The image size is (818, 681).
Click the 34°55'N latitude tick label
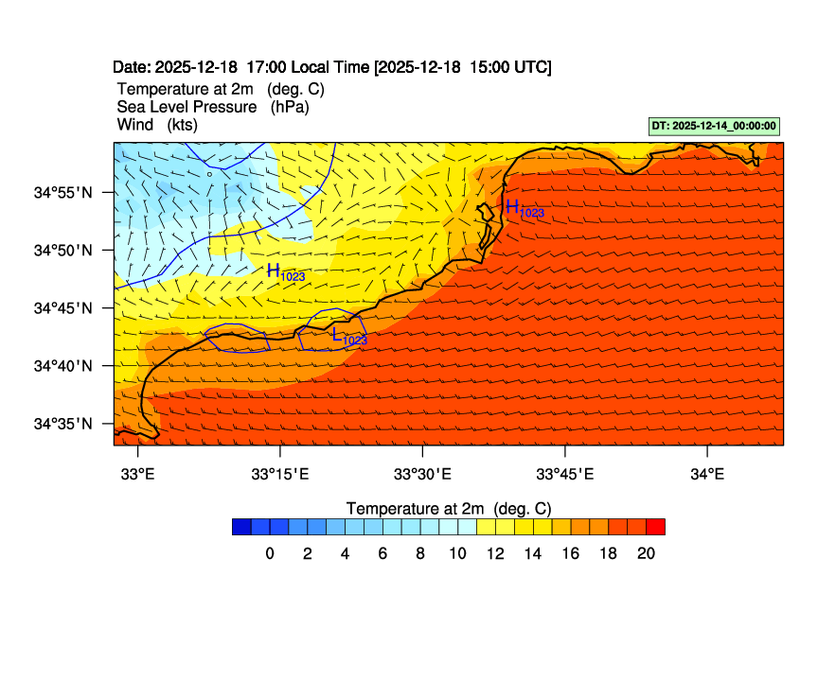[x=62, y=193]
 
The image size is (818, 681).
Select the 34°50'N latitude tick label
[x=62, y=251]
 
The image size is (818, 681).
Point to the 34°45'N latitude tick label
[x=62, y=308]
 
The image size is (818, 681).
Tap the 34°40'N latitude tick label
[x=62, y=366]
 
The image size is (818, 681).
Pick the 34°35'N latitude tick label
[x=62, y=424]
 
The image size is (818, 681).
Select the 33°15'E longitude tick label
[x=280, y=475]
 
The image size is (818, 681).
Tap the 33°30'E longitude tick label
[x=422, y=475]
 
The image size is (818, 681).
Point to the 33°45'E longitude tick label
[x=565, y=475]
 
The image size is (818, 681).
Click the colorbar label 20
[x=646, y=554]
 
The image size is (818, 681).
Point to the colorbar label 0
[x=270, y=554]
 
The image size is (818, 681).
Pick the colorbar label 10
[x=457, y=554]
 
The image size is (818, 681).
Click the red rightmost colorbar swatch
[x=655, y=527]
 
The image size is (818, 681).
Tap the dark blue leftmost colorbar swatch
[x=241, y=527]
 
